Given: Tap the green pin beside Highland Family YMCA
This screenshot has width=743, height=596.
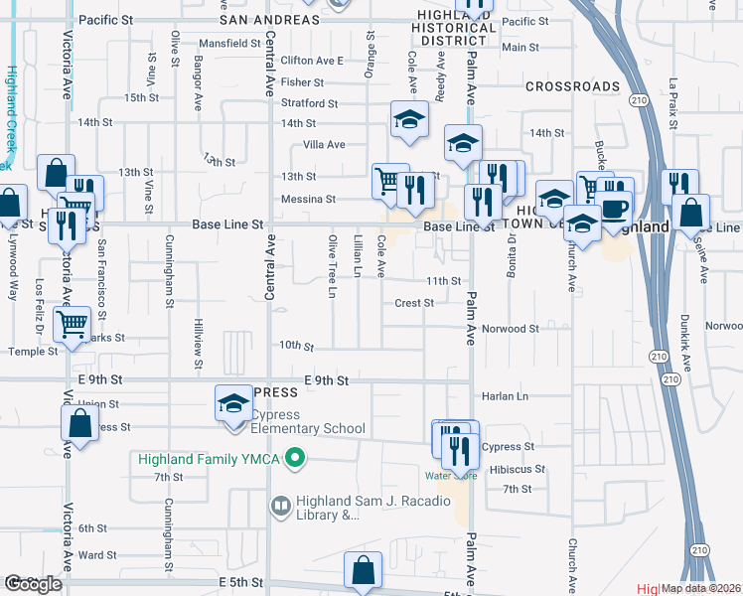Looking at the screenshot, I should coord(294,459).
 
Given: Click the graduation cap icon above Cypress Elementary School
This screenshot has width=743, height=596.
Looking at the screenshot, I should coord(233,403).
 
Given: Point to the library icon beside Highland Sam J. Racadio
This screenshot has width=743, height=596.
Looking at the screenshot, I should coord(280,507).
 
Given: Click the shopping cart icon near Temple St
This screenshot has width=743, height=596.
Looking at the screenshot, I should coord(72,323).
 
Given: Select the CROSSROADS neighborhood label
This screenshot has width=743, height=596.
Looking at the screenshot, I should coord(573,86).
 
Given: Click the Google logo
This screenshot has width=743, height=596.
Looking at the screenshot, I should coord(33,584).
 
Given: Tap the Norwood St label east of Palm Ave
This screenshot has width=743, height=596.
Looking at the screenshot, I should coord(510,328).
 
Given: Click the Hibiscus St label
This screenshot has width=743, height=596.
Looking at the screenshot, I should coord(513,469).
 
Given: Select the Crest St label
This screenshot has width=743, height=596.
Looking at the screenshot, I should coord(414,303).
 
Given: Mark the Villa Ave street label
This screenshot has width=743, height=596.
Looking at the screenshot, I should coord(324,144).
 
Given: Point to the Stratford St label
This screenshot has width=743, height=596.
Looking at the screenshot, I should coord(309,103).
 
